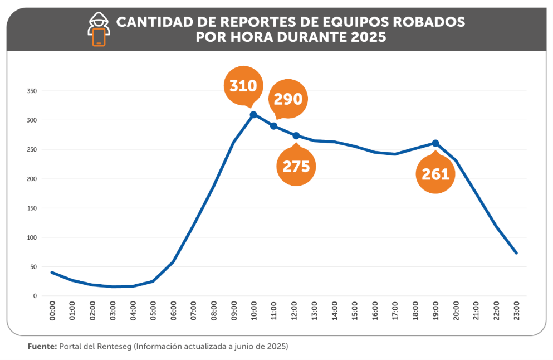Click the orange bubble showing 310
(x=243, y=86)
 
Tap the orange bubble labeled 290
(x=288, y=99)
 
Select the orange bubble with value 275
(x=296, y=166)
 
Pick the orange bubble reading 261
(x=435, y=174)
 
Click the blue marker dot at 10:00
(x=253, y=115)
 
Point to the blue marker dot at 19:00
(x=435, y=143)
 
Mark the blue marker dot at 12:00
(x=296, y=136)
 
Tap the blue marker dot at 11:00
(x=274, y=126)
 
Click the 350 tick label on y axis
(x=31, y=91)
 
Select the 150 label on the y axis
(x=31, y=208)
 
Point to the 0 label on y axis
(x=35, y=296)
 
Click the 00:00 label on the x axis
(x=52, y=310)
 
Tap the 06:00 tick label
(x=173, y=310)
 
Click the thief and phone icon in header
(x=99, y=30)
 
